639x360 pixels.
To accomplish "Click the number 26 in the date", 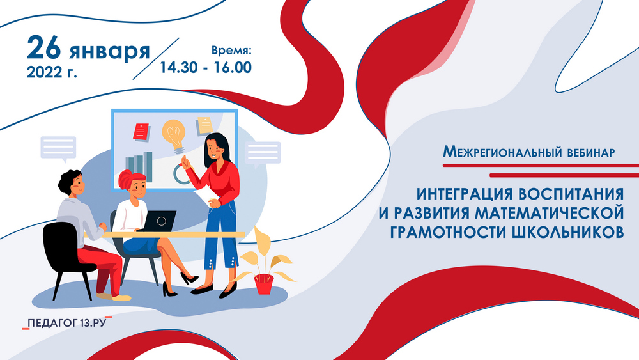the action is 44,47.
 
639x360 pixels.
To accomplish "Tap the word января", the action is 110,52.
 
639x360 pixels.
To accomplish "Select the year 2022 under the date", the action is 44,72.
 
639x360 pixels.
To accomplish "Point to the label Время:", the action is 231,51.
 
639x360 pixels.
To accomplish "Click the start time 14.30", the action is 178,68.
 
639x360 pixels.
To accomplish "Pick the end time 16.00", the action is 233,68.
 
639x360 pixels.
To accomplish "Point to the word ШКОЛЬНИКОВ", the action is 567,232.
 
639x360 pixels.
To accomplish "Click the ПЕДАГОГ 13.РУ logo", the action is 67,323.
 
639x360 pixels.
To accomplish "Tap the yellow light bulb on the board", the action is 174,136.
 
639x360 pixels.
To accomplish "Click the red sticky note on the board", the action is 141,132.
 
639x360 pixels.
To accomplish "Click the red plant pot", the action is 264,284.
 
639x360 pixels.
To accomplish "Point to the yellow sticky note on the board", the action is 204,125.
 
